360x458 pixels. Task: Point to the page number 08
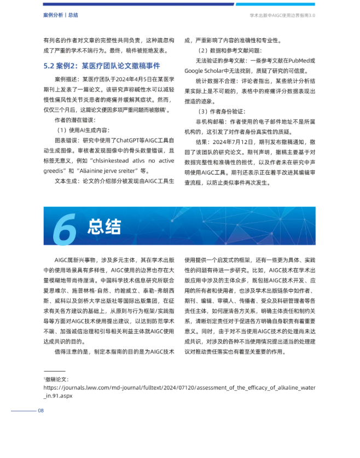(40, 411)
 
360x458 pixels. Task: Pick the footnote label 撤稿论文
(57, 379)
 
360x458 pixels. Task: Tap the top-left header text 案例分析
(54, 15)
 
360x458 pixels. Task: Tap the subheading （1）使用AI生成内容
(82, 130)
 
